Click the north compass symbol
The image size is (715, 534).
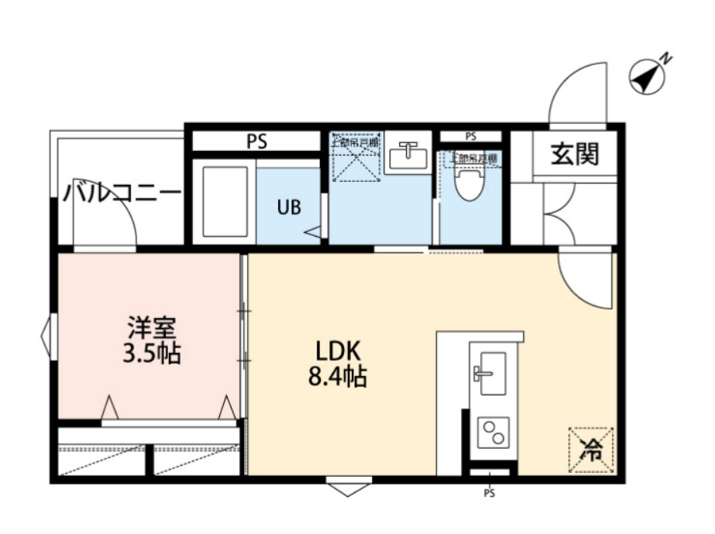tap(648, 76)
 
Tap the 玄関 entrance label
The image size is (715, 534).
tap(575, 155)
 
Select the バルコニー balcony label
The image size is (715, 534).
tap(123, 192)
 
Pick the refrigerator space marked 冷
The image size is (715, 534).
tap(591, 448)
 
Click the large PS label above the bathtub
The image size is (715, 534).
tap(256, 142)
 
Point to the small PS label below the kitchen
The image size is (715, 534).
tap(489, 492)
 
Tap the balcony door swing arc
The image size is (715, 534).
tap(117, 224)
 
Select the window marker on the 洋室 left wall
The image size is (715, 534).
tap(45, 335)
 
